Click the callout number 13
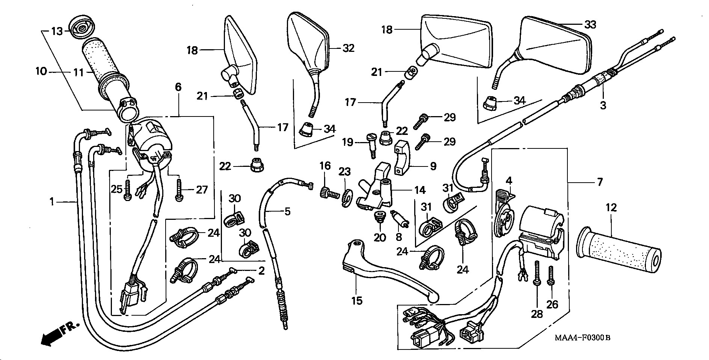[x=57, y=31]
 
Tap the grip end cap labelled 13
[x=81, y=26]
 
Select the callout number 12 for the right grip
[x=611, y=207]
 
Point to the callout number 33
[x=590, y=24]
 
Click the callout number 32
[x=348, y=48]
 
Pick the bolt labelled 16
[x=327, y=193]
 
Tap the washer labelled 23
[x=345, y=198]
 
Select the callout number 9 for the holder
[x=433, y=166]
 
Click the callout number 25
[x=117, y=189]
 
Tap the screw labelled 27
[x=178, y=190]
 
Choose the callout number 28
[x=537, y=314]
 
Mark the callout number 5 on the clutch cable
[x=287, y=212]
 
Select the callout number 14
[x=420, y=190]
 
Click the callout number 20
[x=379, y=237]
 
